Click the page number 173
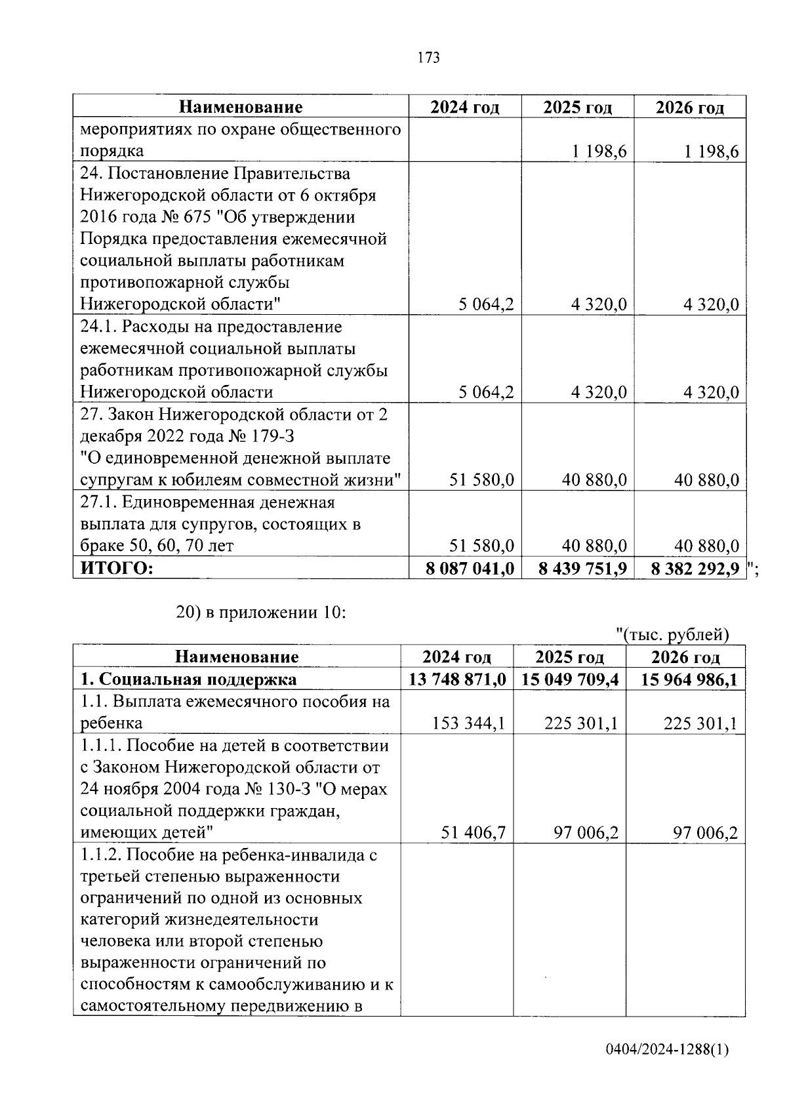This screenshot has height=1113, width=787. click(x=428, y=58)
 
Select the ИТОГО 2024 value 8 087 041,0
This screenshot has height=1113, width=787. click(x=470, y=568)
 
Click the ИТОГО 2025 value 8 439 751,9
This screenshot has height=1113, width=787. click(x=582, y=568)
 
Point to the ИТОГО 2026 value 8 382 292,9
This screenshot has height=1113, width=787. click(x=695, y=568)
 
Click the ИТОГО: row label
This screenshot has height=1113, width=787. click(x=117, y=568)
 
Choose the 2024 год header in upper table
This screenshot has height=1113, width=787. click(x=464, y=108)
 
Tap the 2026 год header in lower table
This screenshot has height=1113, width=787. click(x=685, y=657)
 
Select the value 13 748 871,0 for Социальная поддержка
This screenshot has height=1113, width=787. click(x=456, y=679)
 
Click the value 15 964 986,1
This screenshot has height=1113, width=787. click(x=689, y=679)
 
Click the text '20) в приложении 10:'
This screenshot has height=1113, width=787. click(x=260, y=613)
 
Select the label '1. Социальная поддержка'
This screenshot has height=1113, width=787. click(x=188, y=679)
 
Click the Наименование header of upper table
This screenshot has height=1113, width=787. click(x=241, y=108)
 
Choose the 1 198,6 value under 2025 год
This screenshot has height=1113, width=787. click(x=599, y=152)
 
